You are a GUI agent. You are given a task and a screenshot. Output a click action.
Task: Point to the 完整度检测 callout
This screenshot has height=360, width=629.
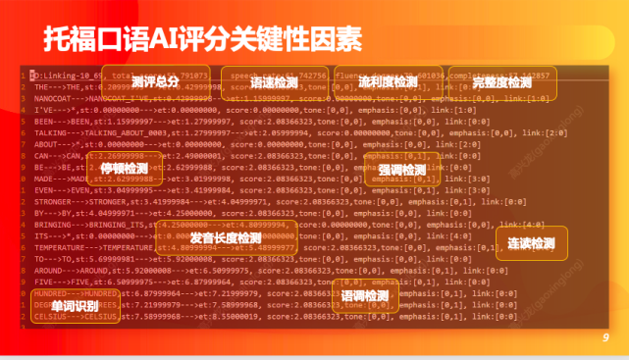501,82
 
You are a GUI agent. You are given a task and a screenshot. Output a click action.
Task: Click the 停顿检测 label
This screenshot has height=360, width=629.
124,168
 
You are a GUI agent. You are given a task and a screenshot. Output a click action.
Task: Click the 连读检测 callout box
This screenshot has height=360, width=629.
531,242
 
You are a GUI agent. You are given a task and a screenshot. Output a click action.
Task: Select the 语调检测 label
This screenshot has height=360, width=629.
365,295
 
